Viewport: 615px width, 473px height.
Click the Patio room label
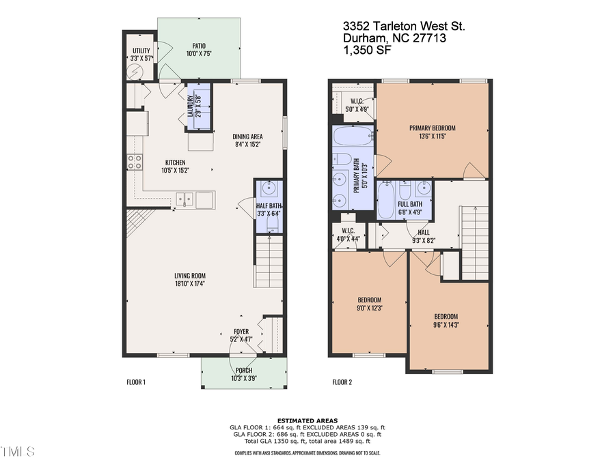point(199,45)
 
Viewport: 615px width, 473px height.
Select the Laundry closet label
point(191,105)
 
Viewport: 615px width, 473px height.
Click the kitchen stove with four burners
point(135,162)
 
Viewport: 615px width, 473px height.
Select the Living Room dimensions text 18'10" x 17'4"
point(189,283)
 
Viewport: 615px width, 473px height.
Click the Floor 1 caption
point(136,382)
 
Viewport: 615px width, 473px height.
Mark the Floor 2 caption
point(342,382)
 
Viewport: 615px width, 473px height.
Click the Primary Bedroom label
point(432,128)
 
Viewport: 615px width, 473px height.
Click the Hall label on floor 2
point(423,232)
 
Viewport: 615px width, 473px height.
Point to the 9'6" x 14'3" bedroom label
point(446,316)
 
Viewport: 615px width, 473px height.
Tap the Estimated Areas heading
point(307,420)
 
